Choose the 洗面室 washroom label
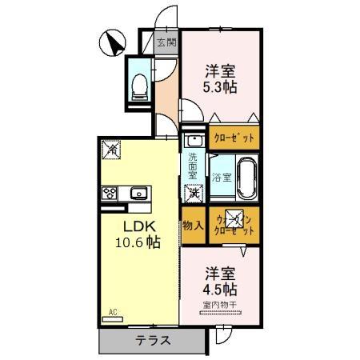[x=193, y=165]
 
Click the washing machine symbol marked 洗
[x=194, y=192]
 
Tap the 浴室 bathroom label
[x=222, y=177]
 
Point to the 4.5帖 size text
[x=219, y=289]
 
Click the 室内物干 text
[x=219, y=305]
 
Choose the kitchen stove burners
[x=110, y=192]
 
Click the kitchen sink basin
[x=138, y=192]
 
